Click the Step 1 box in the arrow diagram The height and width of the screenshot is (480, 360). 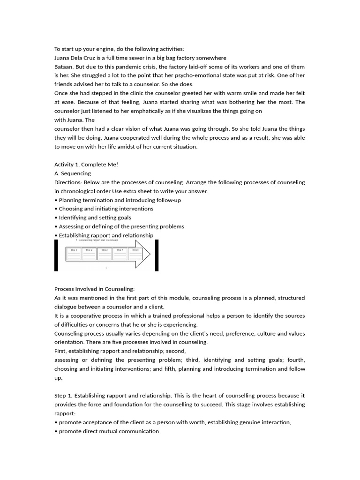74,254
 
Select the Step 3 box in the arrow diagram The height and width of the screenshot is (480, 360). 105,254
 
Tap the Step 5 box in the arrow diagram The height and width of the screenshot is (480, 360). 135,254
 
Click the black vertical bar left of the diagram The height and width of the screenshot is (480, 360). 56,255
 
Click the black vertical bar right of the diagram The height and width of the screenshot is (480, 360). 157,255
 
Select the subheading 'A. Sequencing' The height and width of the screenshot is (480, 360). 73,173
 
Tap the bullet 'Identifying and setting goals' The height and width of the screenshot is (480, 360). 95,217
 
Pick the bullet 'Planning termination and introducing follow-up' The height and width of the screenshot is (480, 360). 120,200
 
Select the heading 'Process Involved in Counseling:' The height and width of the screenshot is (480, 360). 94,289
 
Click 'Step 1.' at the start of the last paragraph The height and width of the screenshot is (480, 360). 63,396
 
